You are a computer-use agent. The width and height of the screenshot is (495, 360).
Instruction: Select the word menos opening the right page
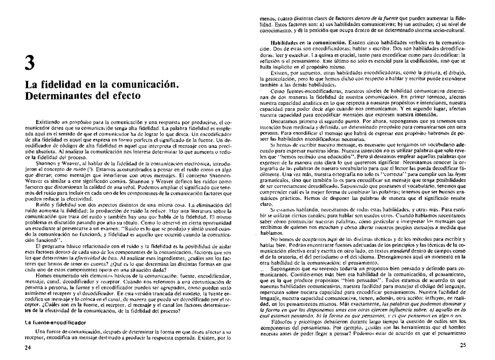(x=271, y=19)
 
